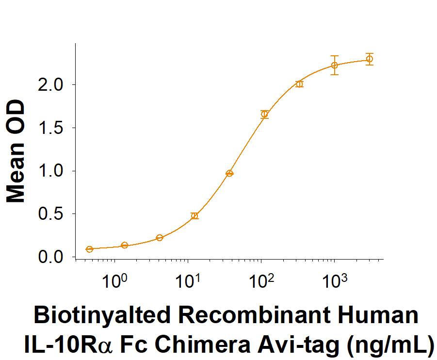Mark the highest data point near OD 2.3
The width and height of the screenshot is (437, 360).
[x=370, y=59]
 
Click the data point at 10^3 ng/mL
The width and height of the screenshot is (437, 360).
[x=334, y=65]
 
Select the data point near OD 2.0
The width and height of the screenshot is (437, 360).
[x=299, y=84]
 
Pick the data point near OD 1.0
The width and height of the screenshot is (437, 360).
[x=229, y=173]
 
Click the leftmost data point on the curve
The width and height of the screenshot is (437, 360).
[x=89, y=249]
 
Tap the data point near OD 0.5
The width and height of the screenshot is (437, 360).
[x=194, y=216]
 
